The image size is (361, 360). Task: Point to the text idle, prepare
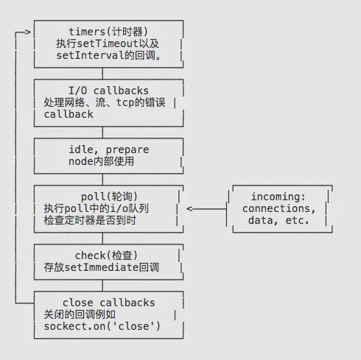(x=107, y=149)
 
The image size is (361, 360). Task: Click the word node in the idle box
(x=58, y=161)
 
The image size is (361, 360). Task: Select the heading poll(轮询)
(x=107, y=196)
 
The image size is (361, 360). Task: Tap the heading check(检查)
(x=108, y=255)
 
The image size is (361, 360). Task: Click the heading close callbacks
(x=108, y=302)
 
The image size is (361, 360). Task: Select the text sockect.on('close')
(x=102, y=325)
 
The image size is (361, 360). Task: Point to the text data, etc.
(x=278, y=220)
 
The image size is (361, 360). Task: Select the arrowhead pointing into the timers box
(x=28, y=32)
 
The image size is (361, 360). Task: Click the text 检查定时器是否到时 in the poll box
(x=95, y=220)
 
